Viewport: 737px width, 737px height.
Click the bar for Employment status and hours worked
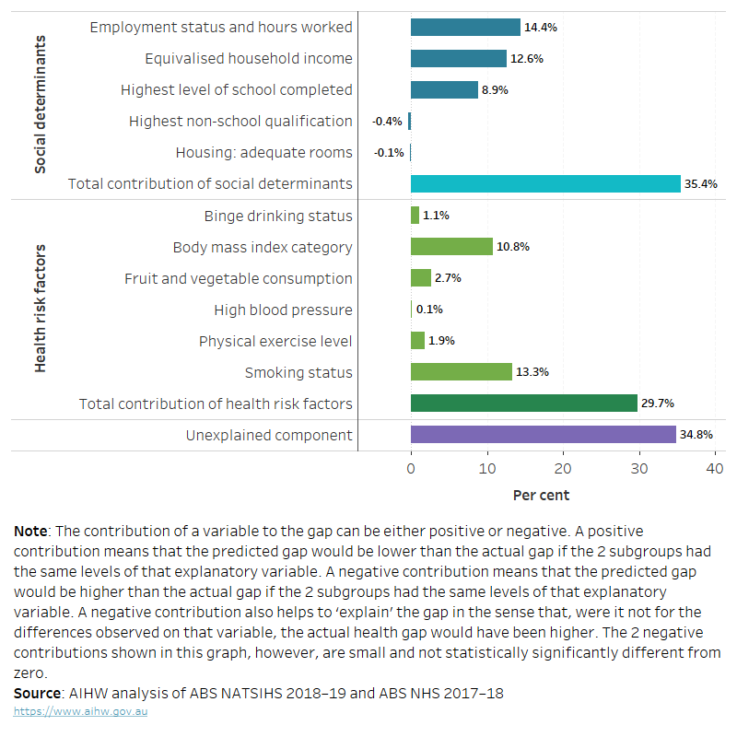[x=465, y=28]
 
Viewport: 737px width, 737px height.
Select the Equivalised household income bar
[x=458, y=59]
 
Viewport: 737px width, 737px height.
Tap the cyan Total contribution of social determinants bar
[x=545, y=184]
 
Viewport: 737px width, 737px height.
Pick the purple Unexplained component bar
[x=543, y=435]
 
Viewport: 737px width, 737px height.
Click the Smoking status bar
[x=461, y=372]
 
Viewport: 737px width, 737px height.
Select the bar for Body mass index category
[x=451, y=247]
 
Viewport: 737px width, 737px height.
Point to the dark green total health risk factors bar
[x=523, y=404]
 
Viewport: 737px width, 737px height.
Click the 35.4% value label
[x=700, y=184]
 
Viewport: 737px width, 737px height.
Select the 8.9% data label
[x=495, y=90]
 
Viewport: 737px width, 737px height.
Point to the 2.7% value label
[x=448, y=278]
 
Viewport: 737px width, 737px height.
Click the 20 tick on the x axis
[x=563, y=469]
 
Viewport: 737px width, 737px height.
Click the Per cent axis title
[x=541, y=496]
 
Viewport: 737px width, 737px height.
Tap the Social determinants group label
[x=41, y=105]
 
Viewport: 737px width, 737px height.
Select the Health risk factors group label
[x=41, y=309]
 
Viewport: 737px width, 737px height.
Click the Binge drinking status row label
[x=278, y=216]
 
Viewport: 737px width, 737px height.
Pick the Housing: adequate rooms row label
[x=263, y=153]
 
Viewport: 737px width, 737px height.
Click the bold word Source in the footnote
[x=38, y=693]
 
